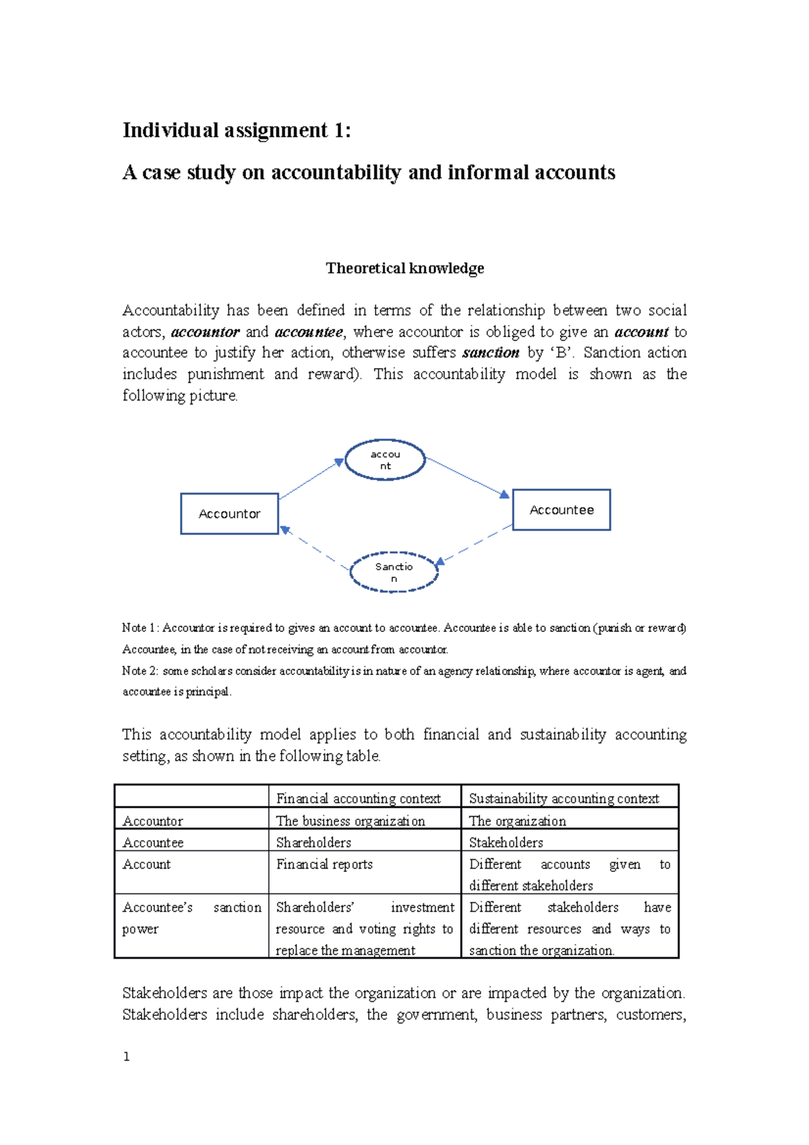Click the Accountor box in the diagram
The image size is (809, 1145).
tap(229, 514)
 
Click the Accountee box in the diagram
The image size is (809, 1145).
tap(562, 510)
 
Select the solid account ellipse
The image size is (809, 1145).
tap(385, 460)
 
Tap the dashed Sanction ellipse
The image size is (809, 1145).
tap(394, 572)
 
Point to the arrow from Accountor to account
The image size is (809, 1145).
tap(311, 479)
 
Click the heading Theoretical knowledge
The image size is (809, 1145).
tap(404, 268)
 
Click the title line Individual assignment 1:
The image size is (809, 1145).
tap(237, 130)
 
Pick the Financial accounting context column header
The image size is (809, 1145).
tap(358, 798)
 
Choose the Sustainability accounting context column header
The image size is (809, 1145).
tap(564, 798)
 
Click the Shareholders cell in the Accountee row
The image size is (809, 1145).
tap(313, 842)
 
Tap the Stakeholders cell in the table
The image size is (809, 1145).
tap(506, 842)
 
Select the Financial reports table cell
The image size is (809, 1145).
tap(324, 864)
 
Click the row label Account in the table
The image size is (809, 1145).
tap(146, 864)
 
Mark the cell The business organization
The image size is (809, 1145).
tap(351, 821)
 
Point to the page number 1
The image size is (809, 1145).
tap(126, 1057)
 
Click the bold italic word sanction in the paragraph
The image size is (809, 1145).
tap(491, 353)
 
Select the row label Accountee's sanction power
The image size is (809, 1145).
tap(191, 918)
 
